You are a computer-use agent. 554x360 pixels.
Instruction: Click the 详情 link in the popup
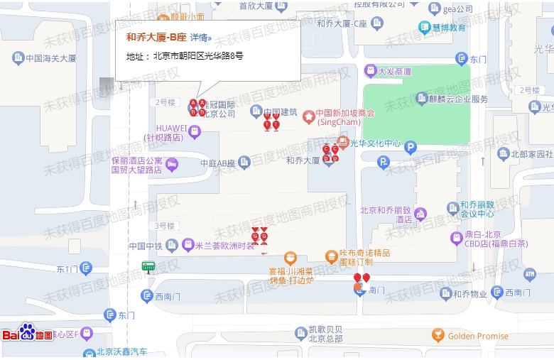coord(200,38)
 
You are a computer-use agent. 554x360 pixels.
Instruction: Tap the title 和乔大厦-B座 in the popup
coord(156,38)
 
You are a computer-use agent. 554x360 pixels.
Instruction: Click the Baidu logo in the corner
coord(28,333)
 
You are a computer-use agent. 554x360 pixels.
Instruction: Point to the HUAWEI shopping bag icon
coord(195,131)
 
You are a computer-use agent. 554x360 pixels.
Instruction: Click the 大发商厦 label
coord(395,71)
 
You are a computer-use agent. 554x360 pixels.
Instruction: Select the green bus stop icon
coord(148,266)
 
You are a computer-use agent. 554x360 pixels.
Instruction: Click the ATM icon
coord(529,273)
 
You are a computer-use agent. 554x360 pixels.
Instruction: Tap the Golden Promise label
coord(478,336)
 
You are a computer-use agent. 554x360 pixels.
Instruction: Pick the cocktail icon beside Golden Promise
coord(438,334)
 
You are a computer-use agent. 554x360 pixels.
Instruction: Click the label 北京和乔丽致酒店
coord(386,214)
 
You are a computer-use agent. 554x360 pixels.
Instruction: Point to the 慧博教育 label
coord(449,28)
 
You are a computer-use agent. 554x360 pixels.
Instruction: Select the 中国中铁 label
coord(146,246)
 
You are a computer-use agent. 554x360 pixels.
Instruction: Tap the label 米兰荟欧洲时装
coord(224,246)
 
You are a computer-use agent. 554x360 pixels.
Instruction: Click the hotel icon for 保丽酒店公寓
coord(172,165)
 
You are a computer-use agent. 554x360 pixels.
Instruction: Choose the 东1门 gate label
coord(67,268)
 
